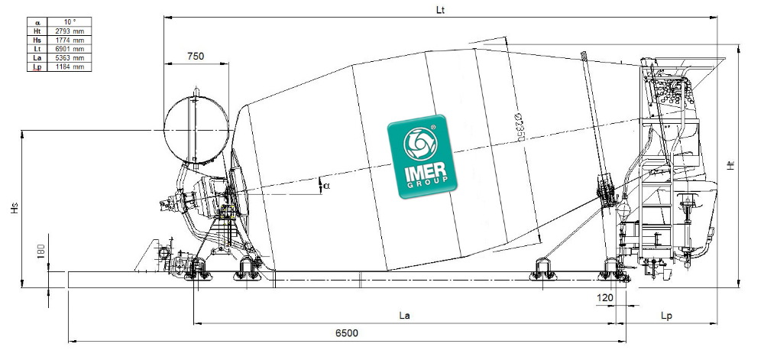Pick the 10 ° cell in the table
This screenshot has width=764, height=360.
click(x=70, y=22)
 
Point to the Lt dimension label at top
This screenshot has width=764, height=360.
click(x=441, y=9)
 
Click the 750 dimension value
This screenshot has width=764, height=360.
click(x=196, y=57)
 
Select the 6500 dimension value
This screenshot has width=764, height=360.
click(x=346, y=333)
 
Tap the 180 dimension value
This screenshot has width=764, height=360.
click(x=41, y=252)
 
